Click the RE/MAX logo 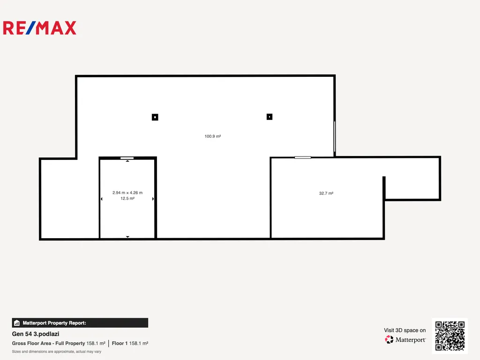(x=39, y=28)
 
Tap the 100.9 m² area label (x=213, y=136)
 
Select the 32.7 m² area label (x=326, y=193)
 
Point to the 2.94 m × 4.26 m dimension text (x=127, y=193)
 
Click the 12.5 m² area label (x=127, y=198)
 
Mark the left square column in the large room (x=155, y=117)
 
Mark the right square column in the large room (x=270, y=117)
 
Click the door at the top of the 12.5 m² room (x=127, y=158)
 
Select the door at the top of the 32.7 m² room (x=303, y=157)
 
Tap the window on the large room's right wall (x=335, y=136)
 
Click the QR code (x=450, y=336)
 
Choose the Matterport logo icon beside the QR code (x=389, y=339)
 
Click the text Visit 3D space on (x=405, y=330)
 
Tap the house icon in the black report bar (x=17, y=322)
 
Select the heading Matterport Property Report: (x=54, y=323)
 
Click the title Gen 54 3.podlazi (x=36, y=334)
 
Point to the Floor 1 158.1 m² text (x=130, y=343)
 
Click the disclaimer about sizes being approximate (x=57, y=352)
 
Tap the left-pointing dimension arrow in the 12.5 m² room (x=102, y=199)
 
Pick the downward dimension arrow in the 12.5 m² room (x=127, y=237)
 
